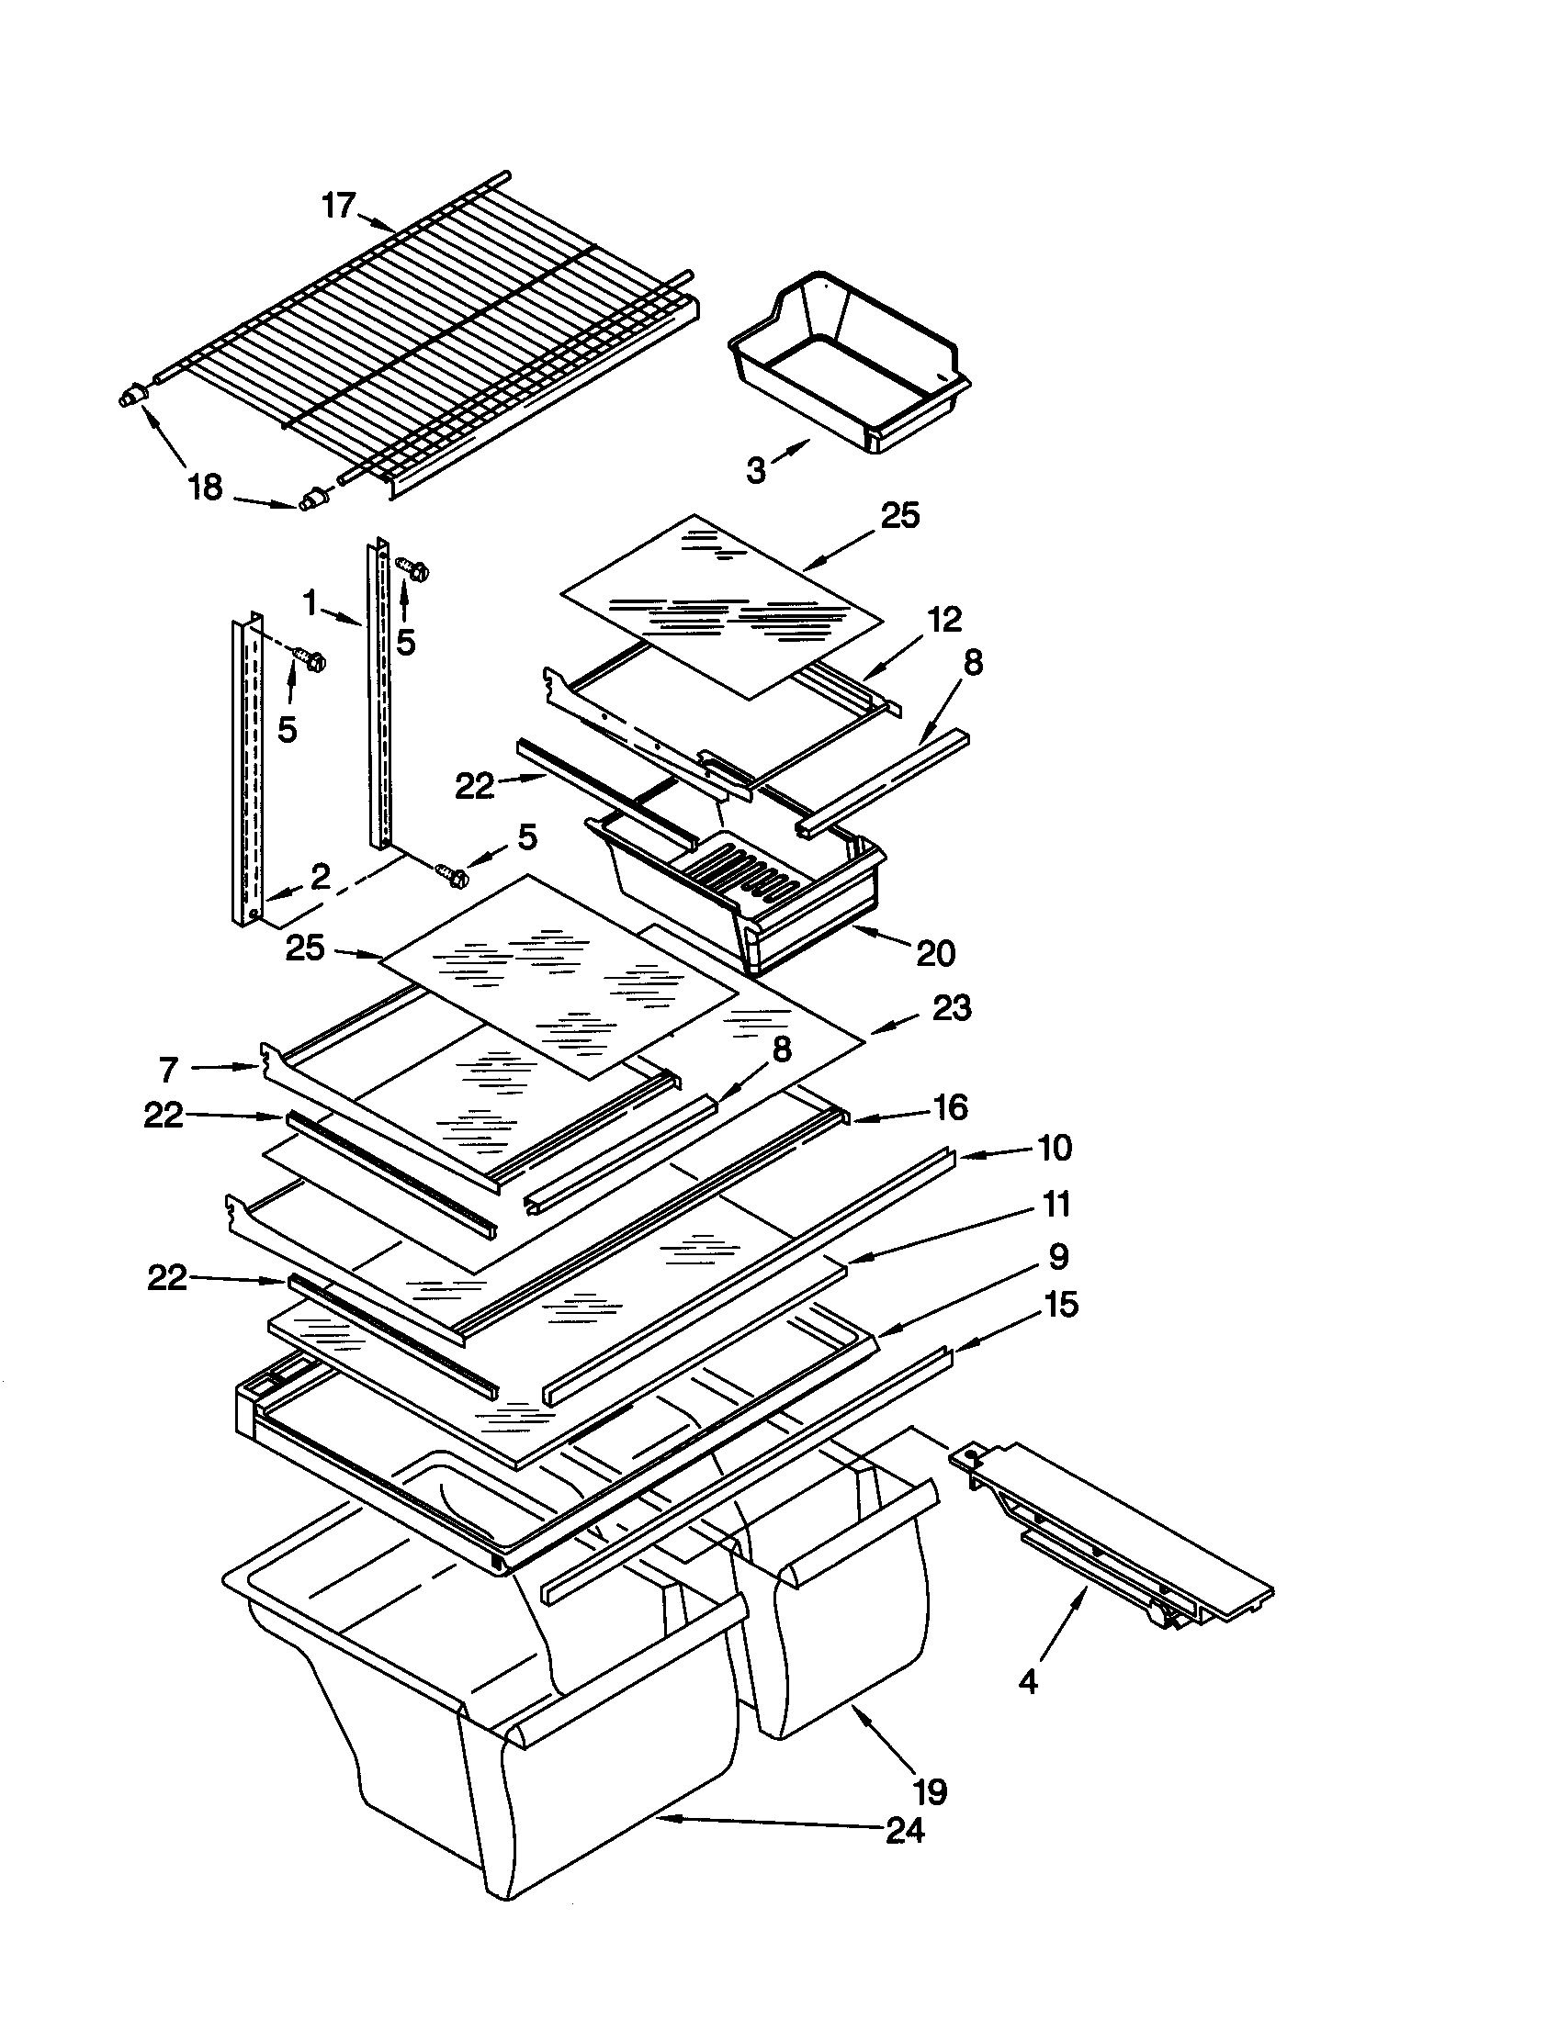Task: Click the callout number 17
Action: click(x=339, y=206)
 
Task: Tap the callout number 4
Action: click(x=1028, y=1680)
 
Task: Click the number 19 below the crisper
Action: click(x=930, y=1791)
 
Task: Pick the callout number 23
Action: click(x=952, y=1007)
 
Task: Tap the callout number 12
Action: click(x=943, y=619)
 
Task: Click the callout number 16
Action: click(x=950, y=1107)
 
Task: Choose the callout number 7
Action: click(x=167, y=1070)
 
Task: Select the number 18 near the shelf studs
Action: click(x=206, y=487)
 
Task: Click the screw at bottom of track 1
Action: click(x=452, y=871)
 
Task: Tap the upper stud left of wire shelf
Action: click(x=133, y=397)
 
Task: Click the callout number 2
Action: click(x=319, y=877)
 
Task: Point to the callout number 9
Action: click(x=1058, y=1256)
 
